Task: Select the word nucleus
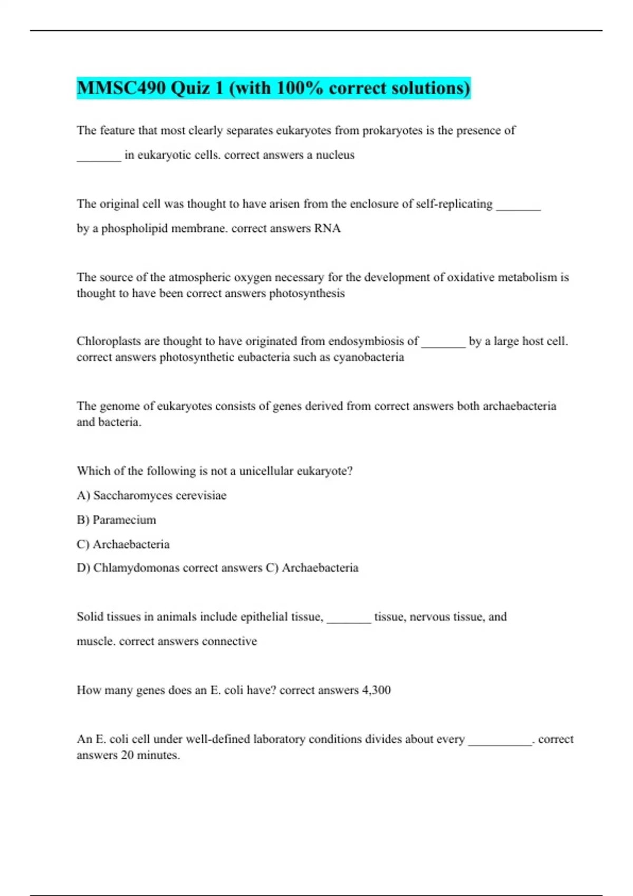point(335,155)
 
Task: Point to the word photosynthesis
point(306,293)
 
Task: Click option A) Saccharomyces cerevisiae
point(152,495)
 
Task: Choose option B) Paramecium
point(117,520)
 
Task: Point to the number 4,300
point(376,690)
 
